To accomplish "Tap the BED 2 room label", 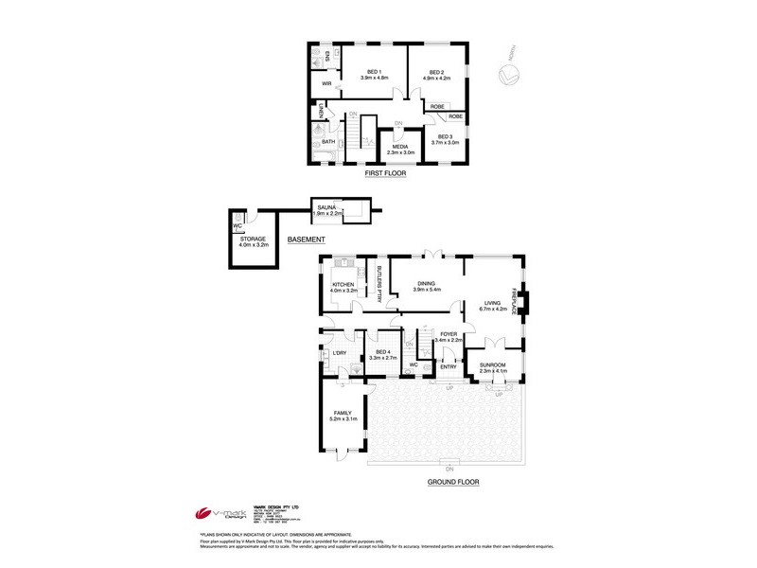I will (436, 73).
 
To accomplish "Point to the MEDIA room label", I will (400, 147).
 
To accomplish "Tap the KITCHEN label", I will (342, 284).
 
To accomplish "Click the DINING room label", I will (427, 283).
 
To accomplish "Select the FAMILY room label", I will (342, 414).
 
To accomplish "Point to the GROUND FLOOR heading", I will (451, 481).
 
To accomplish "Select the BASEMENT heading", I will (305, 240).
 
